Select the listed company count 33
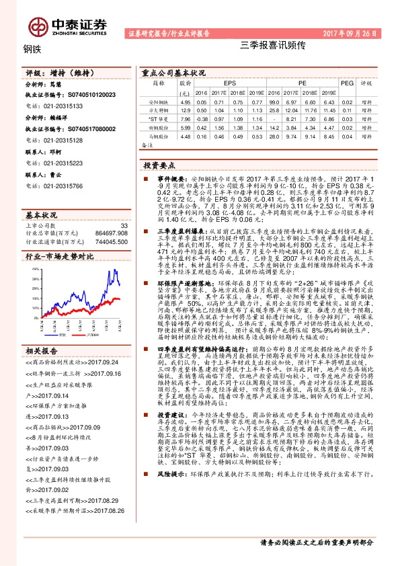click(x=123, y=227)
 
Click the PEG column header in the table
click(x=347, y=83)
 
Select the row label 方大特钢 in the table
click(x=159, y=108)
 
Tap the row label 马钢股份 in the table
click(x=159, y=134)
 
